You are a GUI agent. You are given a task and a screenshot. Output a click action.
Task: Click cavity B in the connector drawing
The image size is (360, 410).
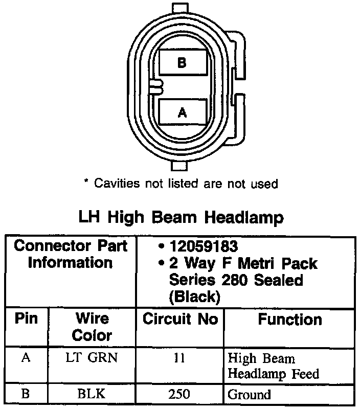182,63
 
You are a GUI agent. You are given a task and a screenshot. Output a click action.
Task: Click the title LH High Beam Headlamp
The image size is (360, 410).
181,217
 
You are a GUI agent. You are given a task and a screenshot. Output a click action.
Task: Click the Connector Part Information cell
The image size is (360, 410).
71,255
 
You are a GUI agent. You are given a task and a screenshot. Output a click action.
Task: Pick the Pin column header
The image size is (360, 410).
26,320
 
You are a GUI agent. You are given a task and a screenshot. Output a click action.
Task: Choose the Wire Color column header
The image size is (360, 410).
92,327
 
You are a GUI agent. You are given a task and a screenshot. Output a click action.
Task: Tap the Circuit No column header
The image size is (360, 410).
180,320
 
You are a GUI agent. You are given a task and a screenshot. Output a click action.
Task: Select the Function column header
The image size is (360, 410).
289,320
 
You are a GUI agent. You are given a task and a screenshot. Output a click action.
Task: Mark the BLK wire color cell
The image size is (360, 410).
92,394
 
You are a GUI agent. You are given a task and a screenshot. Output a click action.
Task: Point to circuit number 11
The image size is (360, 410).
179,358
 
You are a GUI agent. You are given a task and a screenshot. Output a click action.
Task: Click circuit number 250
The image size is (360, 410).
179,394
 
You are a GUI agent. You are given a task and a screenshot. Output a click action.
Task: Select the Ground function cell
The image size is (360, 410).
250,395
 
